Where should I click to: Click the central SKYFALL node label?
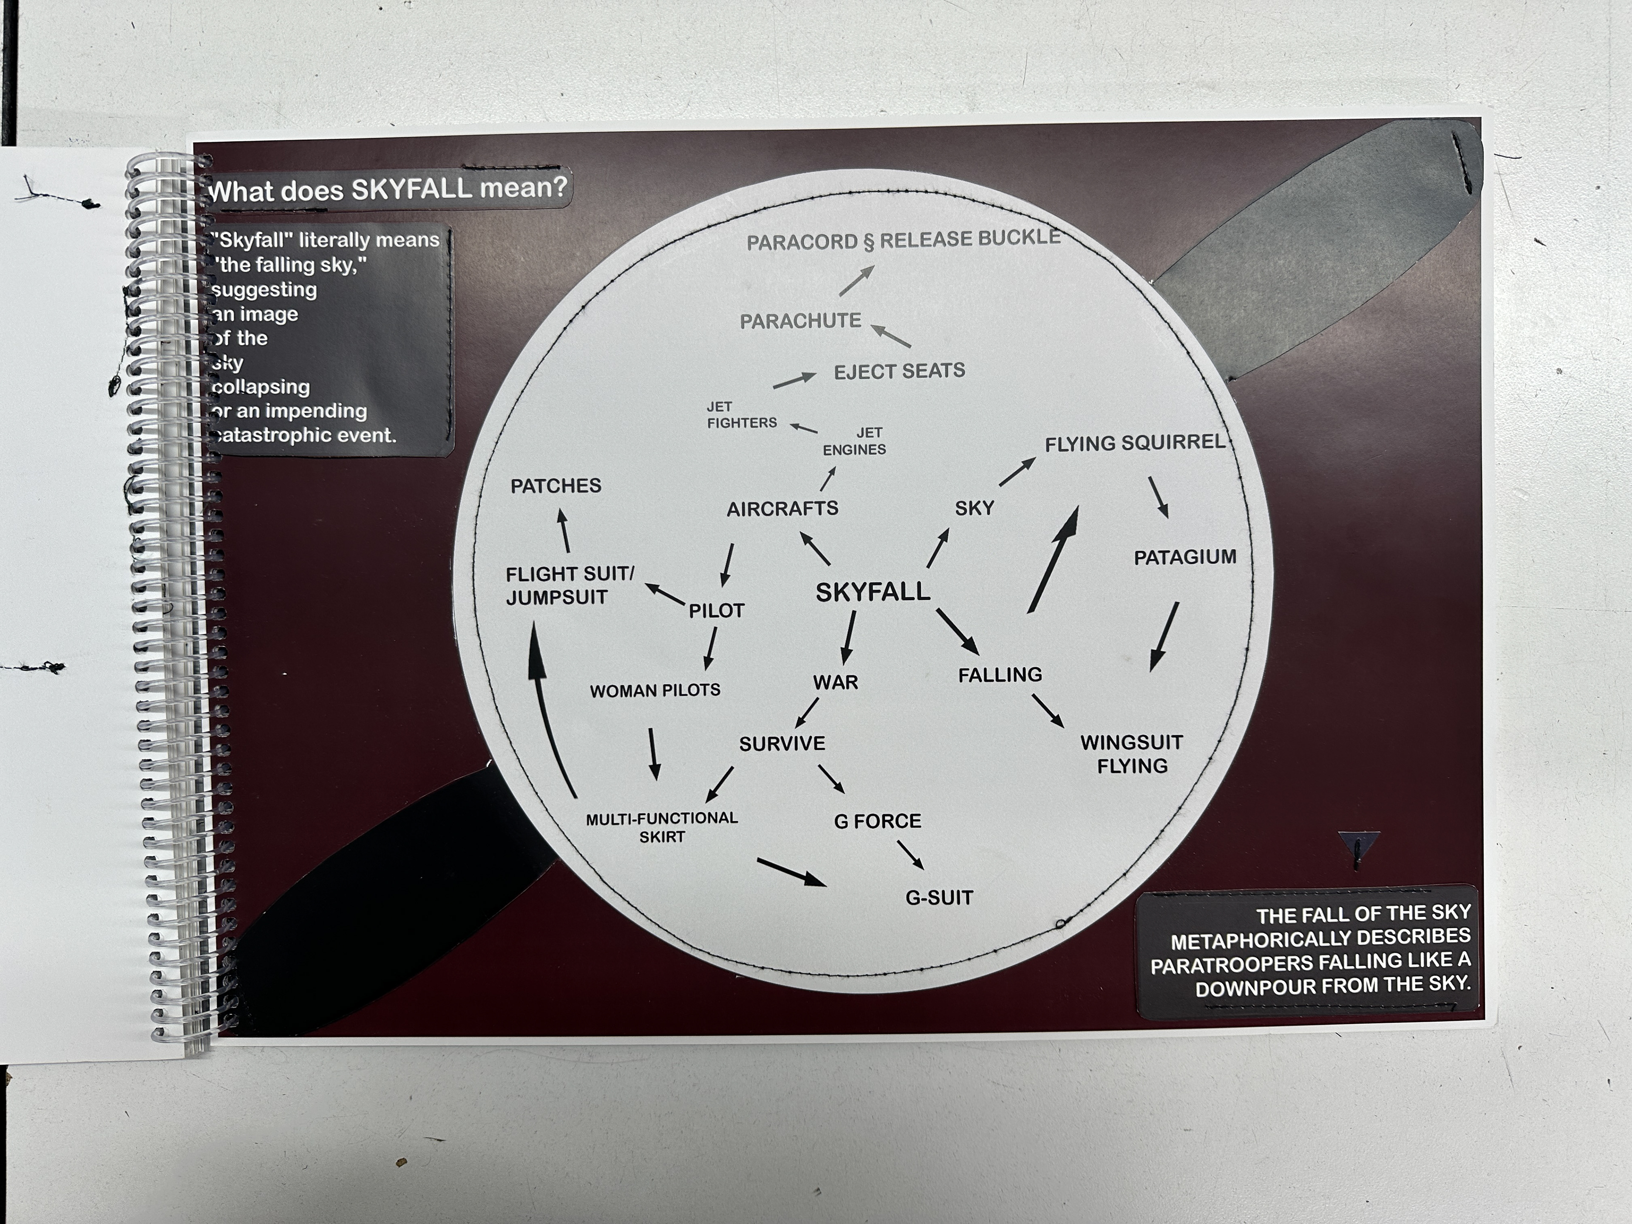(x=873, y=592)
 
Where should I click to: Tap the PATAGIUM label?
(x=1185, y=557)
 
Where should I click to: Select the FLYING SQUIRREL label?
(x=1135, y=443)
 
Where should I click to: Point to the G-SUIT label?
(x=939, y=898)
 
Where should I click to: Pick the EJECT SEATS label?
(x=899, y=371)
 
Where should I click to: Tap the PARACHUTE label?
(x=801, y=321)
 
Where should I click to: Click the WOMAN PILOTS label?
(x=655, y=691)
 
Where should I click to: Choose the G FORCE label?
(x=877, y=821)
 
